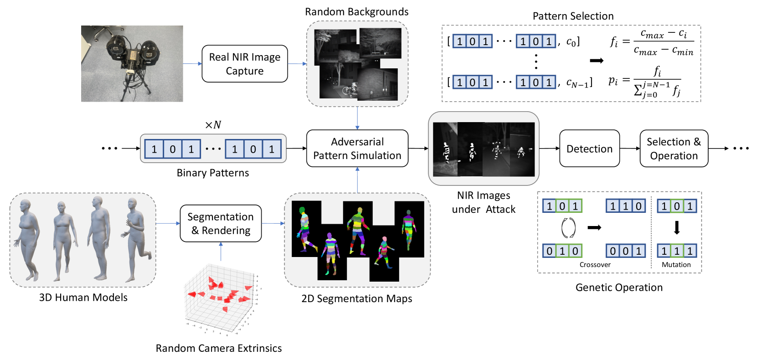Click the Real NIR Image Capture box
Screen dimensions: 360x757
pyautogui.click(x=244, y=64)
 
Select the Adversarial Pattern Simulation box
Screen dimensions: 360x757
pyautogui.click(x=357, y=149)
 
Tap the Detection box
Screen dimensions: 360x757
pyautogui.click(x=589, y=149)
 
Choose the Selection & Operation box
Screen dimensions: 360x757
pyautogui.click(x=674, y=149)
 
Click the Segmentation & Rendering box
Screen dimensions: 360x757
pyautogui.click(x=221, y=223)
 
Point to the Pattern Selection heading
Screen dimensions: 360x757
pyautogui.click(x=573, y=16)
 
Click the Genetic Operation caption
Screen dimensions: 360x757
pyautogui.click(x=618, y=288)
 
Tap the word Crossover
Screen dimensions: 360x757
pyautogui.click(x=595, y=265)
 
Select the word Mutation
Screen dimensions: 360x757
pyautogui.click(x=676, y=265)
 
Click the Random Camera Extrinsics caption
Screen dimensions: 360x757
pyautogui.click(x=219, y=348)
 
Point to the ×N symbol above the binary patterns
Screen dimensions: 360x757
pyautogui.click(x=213, y=125)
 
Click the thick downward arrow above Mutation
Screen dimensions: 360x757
pyautogui.click(x=677, y=227)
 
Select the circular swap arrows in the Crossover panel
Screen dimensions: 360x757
pyautogui.click(x=568, y=228)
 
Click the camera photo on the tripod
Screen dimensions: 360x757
pyautogui.click(x=132, y=63)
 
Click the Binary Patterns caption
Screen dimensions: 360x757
pyautogui.click(x=213, y=173)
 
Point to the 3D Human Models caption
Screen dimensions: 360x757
pyautogui.click(x=83, y=298)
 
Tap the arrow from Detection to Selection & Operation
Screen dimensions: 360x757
pyautogui.click(x=630, y=149)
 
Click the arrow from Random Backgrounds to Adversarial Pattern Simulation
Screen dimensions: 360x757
pyautogui.click(x=357, y=118)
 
